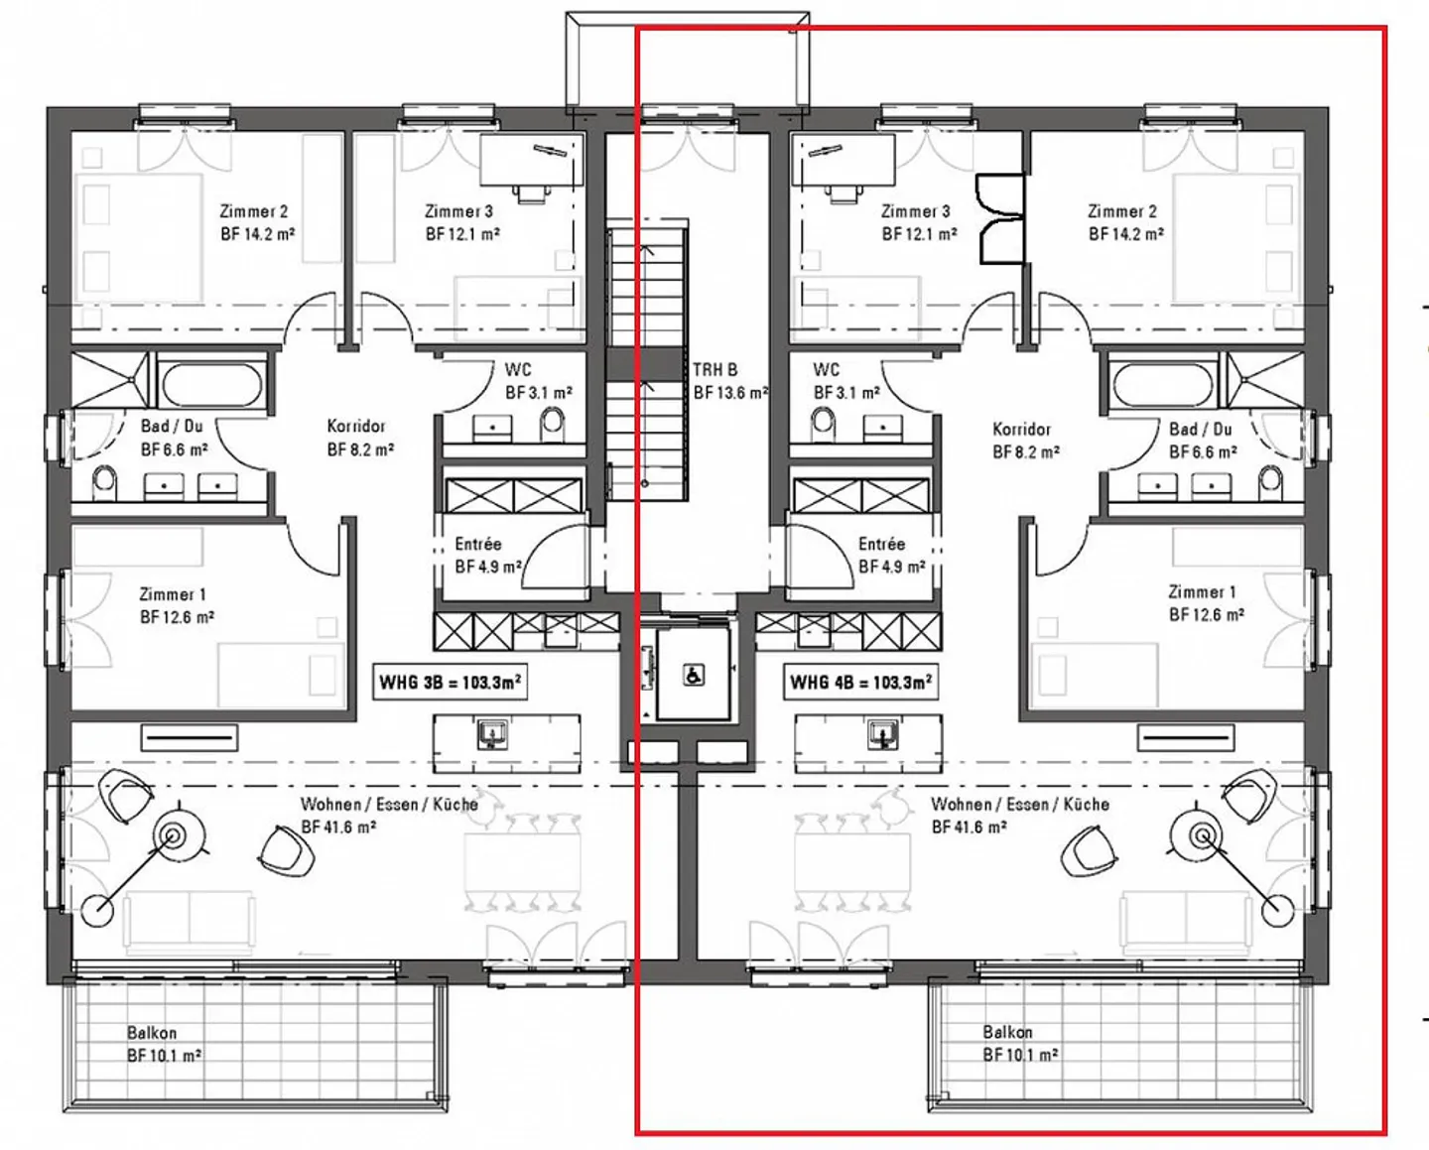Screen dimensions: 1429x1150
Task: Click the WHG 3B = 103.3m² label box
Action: pyautogui.click(x=451, y=682)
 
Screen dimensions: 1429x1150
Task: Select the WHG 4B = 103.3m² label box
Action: pyautogui.click(x=860, y=682)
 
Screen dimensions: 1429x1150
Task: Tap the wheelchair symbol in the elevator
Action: pyautogui.click(x=694, y=676)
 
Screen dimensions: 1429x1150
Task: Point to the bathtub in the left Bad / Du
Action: pyautogui.click(x=212, y=384)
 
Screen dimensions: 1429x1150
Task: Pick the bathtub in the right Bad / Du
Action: pyautogui.click(x=1163, y=384)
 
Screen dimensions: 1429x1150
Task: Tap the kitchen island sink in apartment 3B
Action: pyautogui.click(x=492, y=733)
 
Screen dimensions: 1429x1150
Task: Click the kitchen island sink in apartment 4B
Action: pyautogui.click(x=883, y=733)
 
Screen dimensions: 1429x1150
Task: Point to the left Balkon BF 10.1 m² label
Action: pyautogui.click(x=164, y=1044)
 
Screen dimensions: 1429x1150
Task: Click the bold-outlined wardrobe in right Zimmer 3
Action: pyautogui.click(x=1000, y=218)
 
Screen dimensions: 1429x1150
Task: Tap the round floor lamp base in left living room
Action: pyautogui.click(x=97, y=910)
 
